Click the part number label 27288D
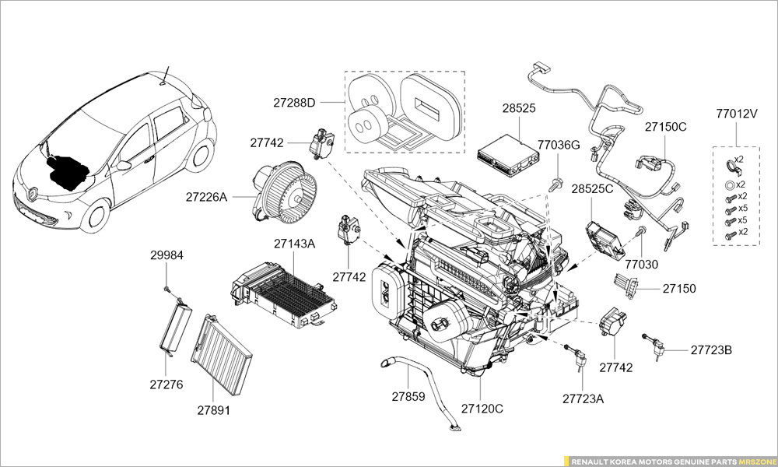(294, 103)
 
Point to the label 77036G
(559, 145)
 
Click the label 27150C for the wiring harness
(665, 126)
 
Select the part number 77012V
(737, 113)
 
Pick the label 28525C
(592, 189)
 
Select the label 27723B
(711, 349)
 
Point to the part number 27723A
(583, 399)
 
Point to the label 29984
(166, 255)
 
